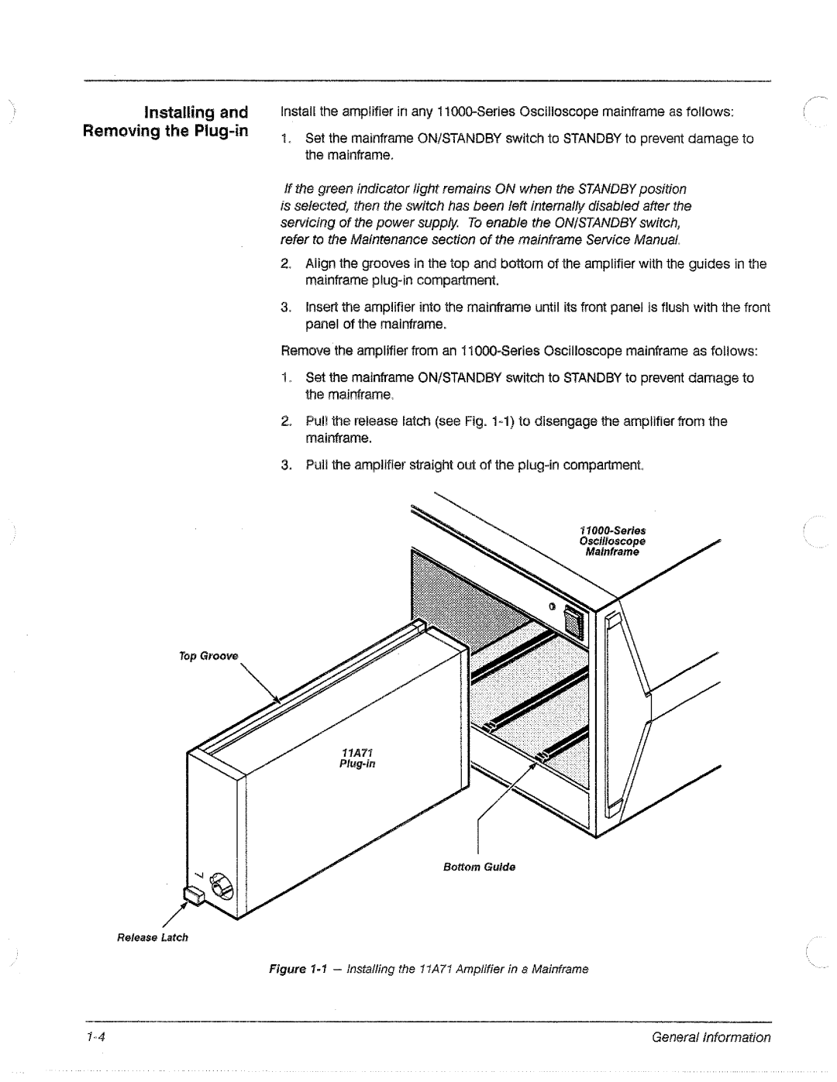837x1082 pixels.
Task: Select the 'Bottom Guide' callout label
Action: coord(479,867)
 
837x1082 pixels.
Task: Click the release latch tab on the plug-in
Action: coord(192,896)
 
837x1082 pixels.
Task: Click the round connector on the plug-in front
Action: coord(222,883)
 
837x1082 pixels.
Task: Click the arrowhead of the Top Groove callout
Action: coord(279,698)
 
